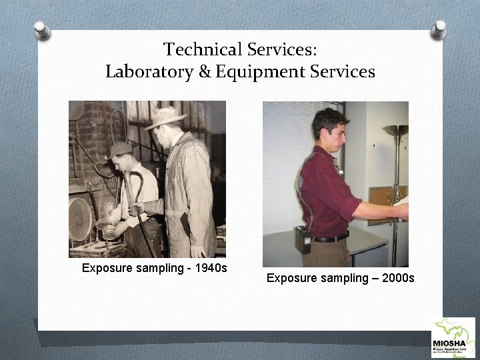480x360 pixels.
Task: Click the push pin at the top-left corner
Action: point(42,29)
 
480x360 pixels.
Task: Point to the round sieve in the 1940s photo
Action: point(80,219)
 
